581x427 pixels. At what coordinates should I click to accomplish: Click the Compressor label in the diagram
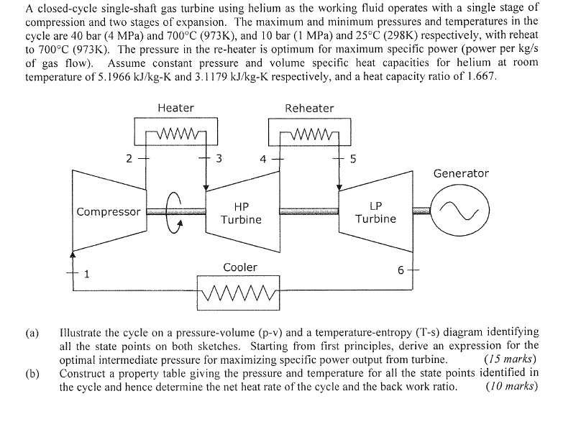[x=109, y=211]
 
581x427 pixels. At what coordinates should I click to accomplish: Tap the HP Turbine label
[x=241, y=212]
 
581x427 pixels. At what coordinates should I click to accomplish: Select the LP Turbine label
[x=376, y=211]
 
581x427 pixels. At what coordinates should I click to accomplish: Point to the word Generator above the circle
[x=461, y=173]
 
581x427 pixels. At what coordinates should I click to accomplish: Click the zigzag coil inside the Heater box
[x=175, y=134]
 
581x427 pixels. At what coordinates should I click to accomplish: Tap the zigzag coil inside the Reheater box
[x=309, y=134]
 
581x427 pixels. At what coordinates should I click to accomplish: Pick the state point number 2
[x=128, y=159]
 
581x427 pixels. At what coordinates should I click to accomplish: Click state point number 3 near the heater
[x=219, y=159]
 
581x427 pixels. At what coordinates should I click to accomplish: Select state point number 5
[x=353, y=159]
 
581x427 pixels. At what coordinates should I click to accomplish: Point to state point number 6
[x=401, y=270]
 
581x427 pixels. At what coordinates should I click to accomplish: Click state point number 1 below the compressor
[x=87, y=273]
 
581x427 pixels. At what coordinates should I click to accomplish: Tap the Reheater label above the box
[x=309, y=108]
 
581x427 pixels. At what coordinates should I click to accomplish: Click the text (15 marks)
[x=511, y=359]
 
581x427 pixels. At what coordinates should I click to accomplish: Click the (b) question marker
[x=32, y=373]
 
